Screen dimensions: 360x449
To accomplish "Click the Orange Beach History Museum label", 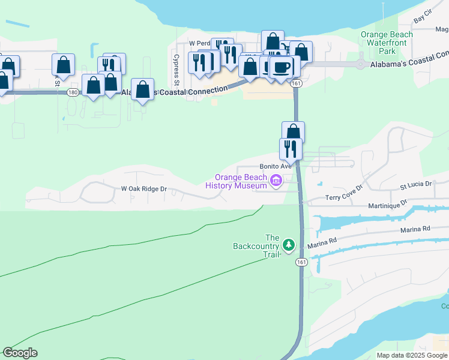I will [235, 181].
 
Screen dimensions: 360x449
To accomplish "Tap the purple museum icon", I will [276, 181].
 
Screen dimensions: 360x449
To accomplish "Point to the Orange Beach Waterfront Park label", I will [387, 43].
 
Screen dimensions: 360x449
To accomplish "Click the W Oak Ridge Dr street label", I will [143, 188].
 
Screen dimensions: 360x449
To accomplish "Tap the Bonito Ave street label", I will [275, 166].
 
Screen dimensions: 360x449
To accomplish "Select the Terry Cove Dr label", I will [345, 193].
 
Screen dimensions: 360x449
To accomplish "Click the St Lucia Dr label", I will [416, 184].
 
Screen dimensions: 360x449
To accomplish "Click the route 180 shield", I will [73, 92].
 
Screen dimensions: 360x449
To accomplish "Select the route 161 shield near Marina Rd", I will [301, 262].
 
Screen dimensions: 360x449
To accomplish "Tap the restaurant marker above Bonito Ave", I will [291, 148].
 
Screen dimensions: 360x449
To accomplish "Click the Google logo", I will [20, 353].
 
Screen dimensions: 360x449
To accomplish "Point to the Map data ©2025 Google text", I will [412, 355].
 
